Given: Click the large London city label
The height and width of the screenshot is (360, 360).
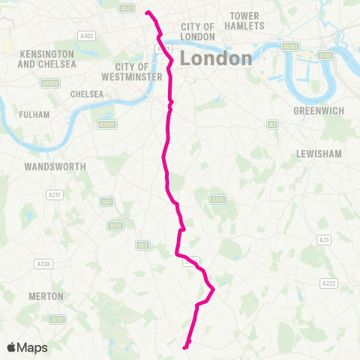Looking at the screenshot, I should [216, 58].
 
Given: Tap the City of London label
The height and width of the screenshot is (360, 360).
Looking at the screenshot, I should [198, 31].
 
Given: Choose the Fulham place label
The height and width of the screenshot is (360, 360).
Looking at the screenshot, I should [35, 115].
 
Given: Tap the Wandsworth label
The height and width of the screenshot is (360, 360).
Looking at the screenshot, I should [55, 166].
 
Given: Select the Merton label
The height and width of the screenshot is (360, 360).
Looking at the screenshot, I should [46, 296].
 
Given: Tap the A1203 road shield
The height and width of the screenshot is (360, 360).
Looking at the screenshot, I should [290, 46].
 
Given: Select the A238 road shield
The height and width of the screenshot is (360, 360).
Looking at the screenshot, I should [43, 264].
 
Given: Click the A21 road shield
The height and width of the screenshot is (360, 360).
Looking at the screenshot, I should [324, 239].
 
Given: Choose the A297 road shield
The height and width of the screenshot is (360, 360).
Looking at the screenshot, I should [57, 319].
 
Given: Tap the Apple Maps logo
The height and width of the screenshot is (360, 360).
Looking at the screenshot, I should [27, 347].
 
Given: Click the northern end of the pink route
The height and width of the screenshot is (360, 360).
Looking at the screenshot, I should [146, 12].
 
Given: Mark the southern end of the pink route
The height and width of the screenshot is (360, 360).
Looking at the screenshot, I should [184, 346].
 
